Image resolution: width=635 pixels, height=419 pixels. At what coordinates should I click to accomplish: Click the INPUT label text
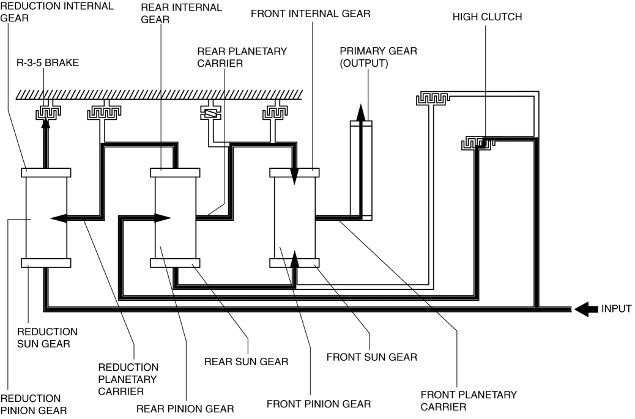[x=616, y=309]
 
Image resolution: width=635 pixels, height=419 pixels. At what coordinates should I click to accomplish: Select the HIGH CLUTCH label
[x=487, y=17]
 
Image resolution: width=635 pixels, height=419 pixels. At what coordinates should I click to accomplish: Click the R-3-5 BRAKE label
[x=47, y=63]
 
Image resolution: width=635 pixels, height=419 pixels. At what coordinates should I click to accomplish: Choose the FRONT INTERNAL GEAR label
[x=310, y=13]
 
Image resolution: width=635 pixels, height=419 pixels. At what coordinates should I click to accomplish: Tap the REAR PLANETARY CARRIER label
[x=242, y=57]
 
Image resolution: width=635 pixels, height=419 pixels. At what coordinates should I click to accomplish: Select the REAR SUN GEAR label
[x=246, y=362]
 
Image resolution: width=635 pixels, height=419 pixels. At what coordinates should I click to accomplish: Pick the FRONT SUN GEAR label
[x=372, y=357]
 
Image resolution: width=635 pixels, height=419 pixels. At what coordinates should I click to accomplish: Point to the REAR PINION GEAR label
[x=185, y=409]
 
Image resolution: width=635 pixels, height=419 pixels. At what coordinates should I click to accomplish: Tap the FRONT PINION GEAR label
[x=319, y=404]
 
